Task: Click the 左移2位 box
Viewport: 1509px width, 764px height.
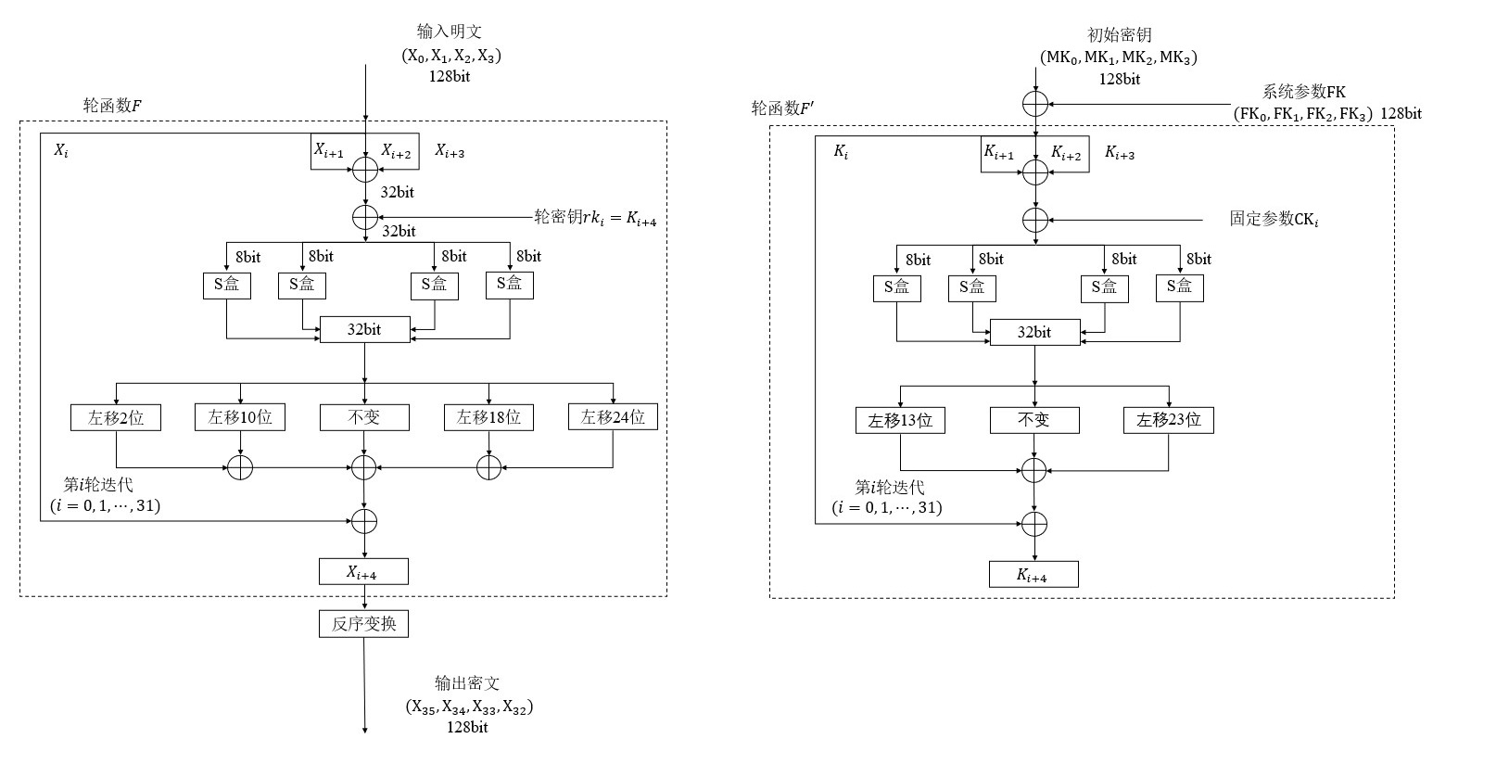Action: tap(116, 417)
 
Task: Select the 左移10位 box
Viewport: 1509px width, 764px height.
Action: tap(240, 417)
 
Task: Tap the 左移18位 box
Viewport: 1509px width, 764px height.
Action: tap(488, 417)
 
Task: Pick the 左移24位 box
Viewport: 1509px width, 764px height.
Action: tap(613, 417)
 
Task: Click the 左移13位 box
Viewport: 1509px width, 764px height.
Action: tap(900, 420)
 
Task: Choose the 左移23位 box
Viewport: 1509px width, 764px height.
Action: tap(1168, 420)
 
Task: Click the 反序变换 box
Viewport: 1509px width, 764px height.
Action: tap(363, 624)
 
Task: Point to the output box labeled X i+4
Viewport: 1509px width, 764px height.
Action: tap(363, 572)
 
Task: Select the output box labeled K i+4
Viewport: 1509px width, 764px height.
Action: tap(1033, 575)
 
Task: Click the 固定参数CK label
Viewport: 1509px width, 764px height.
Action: tap(1274, 220)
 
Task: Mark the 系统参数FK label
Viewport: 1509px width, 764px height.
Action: tap(1303, 92)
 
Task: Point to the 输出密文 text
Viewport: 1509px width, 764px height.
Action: tap(467, 683)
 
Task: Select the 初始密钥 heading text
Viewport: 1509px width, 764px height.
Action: tap(1119, 35)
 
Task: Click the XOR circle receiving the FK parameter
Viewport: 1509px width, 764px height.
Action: tap(1035, 103)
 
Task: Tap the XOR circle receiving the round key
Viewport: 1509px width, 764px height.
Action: tap(365, 217)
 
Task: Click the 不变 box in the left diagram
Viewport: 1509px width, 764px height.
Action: tap(364, 417)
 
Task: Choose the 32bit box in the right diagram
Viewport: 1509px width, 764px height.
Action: tap(1034, 333)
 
